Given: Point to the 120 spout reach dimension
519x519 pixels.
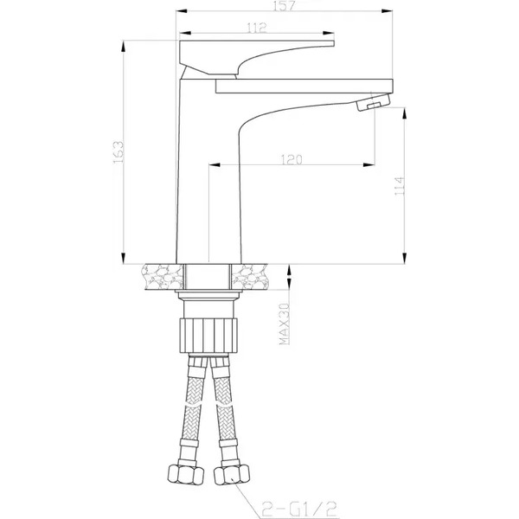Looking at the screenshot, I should pos(291,158).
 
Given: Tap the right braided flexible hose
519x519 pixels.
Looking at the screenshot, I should pos(224,407).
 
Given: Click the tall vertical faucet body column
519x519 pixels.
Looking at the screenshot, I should pos(195,173).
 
